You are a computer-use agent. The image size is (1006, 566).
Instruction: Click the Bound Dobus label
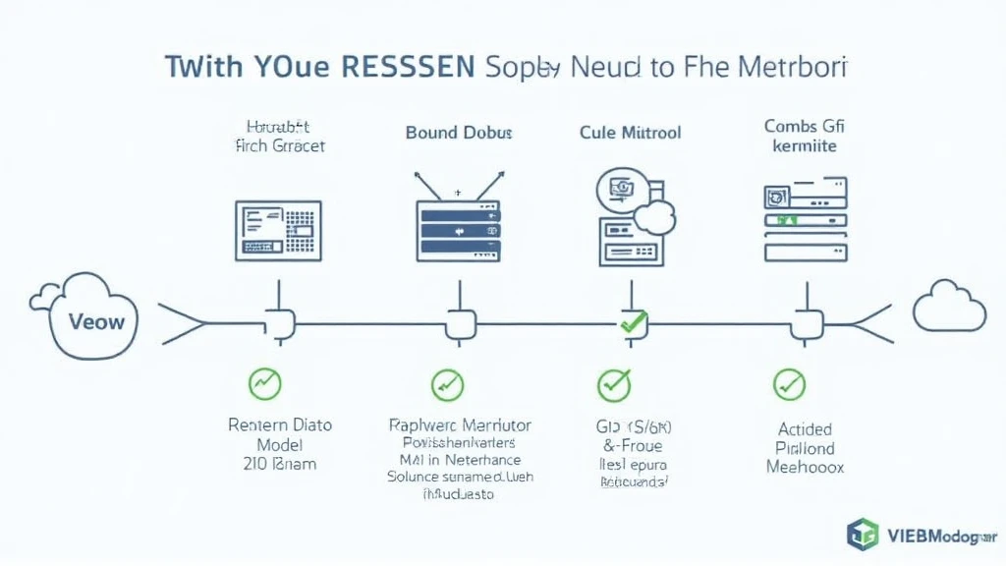[459, 132]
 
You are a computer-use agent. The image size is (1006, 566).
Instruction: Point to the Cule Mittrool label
[631, 132]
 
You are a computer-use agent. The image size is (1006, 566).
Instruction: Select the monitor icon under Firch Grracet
[278, 230]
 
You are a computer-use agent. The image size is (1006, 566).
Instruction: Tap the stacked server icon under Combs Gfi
[806, 221]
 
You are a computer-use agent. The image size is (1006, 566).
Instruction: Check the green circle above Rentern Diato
[264, 383]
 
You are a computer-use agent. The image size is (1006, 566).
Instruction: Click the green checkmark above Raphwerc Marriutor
[447, 383]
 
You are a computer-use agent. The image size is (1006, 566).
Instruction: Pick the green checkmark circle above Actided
[789, 384]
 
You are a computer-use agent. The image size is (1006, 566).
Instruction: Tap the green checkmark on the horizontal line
[633, 321]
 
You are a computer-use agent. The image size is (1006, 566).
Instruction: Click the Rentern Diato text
[280, 425]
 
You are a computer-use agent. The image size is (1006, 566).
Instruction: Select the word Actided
[805, 429]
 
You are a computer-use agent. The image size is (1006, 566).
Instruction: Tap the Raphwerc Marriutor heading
[460, 425]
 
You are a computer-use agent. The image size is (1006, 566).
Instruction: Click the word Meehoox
[805, 467]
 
